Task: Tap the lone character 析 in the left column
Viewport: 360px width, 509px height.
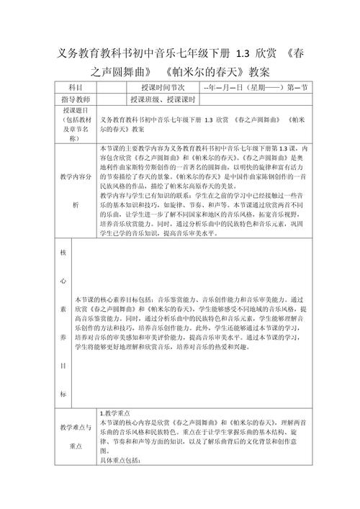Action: tap(76, 204)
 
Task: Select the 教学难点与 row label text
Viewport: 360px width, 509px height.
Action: tap(76, 427)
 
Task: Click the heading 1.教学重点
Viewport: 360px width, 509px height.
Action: tap(114, 413)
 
